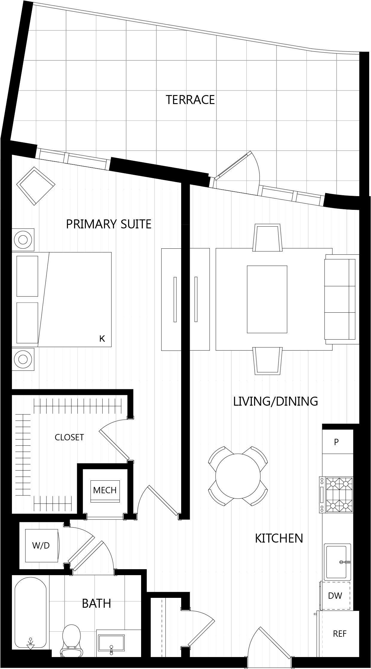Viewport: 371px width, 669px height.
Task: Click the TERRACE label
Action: pos(190,100)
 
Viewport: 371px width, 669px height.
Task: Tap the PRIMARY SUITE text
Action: pos(109,224)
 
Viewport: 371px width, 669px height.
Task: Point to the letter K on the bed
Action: pos(102,339)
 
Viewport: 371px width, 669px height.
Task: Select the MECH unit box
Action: pos(105,490)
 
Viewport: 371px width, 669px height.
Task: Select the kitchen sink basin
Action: pos(338,562)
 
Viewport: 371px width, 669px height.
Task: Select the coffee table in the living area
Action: pos(267,299)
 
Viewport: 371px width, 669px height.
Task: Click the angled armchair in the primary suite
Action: pos(36,186)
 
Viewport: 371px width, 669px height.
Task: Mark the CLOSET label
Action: pos(69,437)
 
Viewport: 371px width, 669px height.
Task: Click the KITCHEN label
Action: pos(279,538)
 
